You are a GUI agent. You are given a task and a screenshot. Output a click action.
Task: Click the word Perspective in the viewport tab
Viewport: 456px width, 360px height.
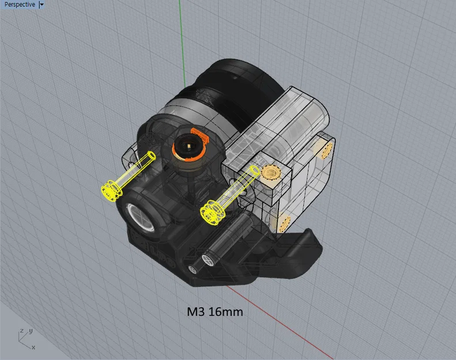click(x=20, y=5)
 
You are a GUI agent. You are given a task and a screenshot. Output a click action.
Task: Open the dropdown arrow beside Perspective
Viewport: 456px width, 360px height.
click(x=42, y=5)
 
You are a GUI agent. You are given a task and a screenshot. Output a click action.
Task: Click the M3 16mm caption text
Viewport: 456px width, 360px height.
click(x=214, y=312)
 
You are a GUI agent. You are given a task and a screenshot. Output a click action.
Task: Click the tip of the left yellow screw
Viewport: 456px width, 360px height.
click(x=152, y=156)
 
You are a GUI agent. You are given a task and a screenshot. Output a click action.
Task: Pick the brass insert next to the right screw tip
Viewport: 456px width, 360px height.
click(x=269, y=172)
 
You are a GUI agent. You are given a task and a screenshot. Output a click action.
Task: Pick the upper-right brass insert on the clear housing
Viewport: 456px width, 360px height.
click(x=326, y=149)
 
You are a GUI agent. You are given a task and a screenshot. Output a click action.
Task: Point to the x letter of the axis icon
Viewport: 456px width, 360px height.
click(x=33, y=347)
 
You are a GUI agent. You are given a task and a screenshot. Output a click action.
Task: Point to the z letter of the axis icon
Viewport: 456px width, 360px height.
click(x=21, y=331)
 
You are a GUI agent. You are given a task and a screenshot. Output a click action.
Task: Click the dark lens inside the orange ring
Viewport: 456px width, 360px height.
click(x=188, y=146)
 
